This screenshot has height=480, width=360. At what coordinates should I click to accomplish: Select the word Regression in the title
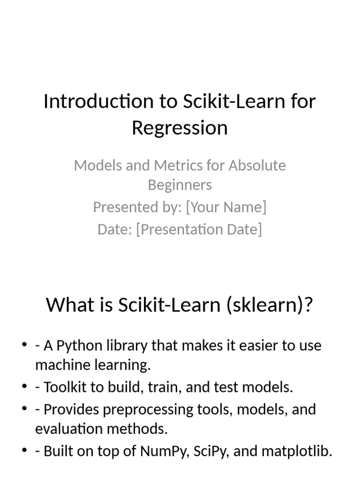click(180, 127)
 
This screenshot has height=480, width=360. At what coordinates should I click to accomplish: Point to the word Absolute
click(257, 165)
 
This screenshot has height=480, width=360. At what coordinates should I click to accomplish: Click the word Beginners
click(180, 185)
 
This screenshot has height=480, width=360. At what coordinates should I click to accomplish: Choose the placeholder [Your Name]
click(226, 207)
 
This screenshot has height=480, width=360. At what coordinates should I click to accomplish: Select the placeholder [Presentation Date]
click(199, 229)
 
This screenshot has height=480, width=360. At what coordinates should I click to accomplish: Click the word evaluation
click(69, 428)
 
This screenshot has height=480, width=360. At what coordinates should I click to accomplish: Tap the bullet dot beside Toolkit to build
click(24, 388)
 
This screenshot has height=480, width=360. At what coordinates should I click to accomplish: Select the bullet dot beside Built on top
click(24, 451)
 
